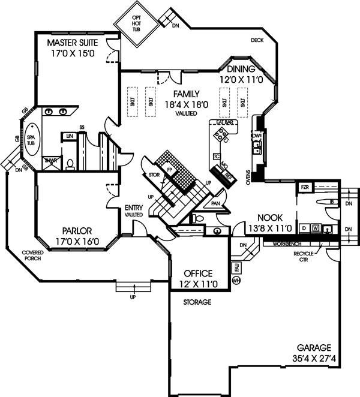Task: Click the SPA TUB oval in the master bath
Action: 31,139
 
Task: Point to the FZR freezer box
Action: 304,188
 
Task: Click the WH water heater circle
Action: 236,279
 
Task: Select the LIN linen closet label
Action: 70,137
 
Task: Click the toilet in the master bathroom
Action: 70,162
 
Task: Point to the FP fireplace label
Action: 170,169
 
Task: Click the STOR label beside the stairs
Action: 154,175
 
